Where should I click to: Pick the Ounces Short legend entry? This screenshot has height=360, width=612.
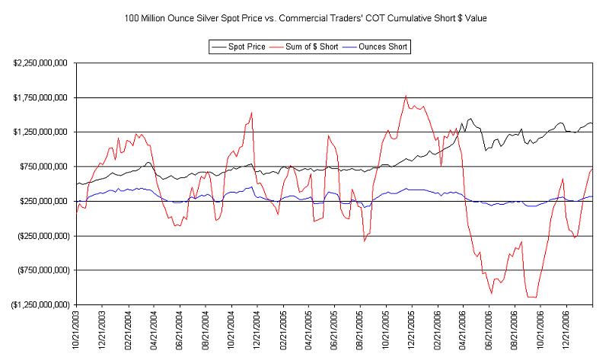tap(382, 47)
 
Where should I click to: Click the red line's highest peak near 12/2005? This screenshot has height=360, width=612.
tap(406, 96)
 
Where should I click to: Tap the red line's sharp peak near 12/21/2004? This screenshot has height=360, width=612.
tap(251, 113)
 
